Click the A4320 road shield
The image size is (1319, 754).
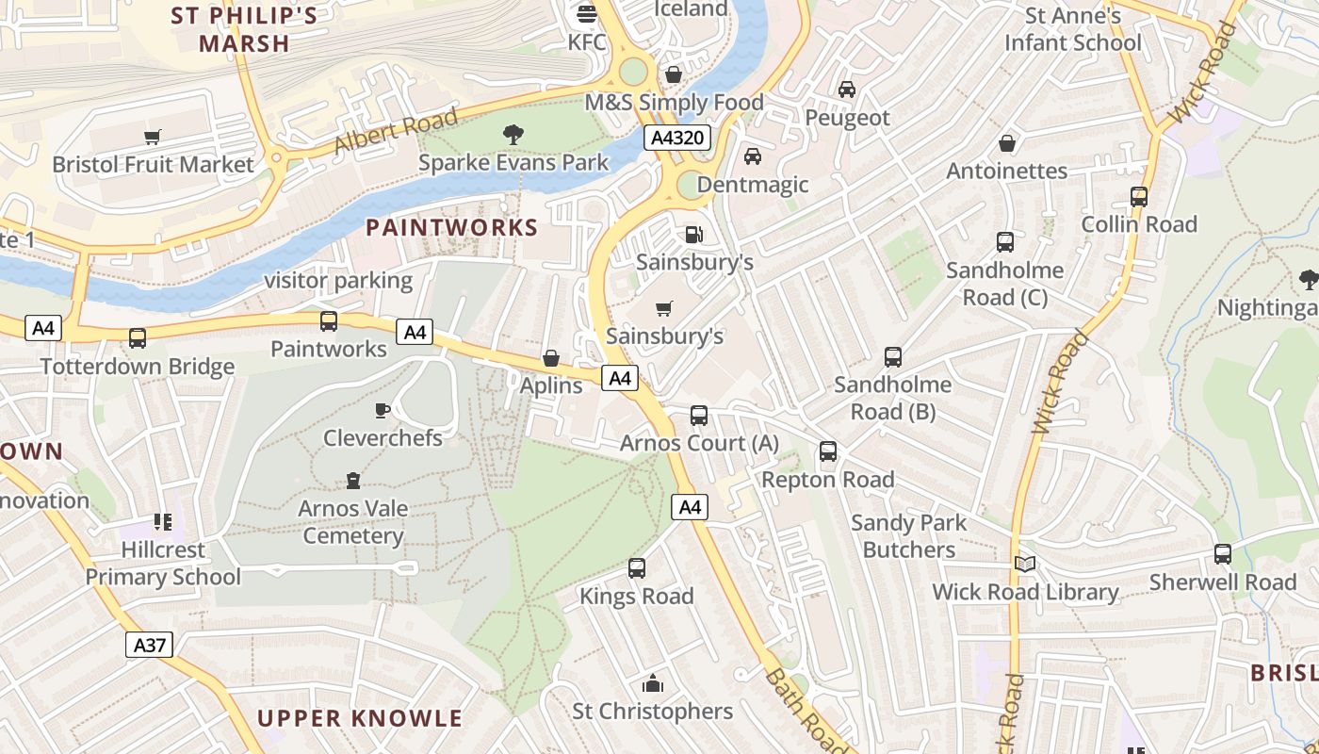pyautogui.click(x=677, y=139)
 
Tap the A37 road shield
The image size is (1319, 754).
pyautogui.click(x=149, y=645)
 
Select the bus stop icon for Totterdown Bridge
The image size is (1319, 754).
pyautogui.click(x=138, y=338)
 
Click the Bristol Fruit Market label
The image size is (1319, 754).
pyautogui.click(x=153, y=164)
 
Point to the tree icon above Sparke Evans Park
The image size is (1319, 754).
pyautogui.click(x=513, y=135)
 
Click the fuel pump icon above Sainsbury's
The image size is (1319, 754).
pyautogui.click(x=694, y=234)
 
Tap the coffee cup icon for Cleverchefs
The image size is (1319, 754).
pyautogui.click(x=382, y=410)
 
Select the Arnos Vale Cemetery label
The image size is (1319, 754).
pyautogui.click(x=353, y=522)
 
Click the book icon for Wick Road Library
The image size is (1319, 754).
pyautogui.click(x=1025, y=564)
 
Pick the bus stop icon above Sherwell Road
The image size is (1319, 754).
pyautogui.click(x=1223, y=554)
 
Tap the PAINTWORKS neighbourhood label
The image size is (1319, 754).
pyautogui.click(x=452, y=227)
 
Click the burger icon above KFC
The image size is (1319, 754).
pyautogui.click(x=587, y=14)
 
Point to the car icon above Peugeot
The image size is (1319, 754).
pyautogui.click(x=847, y=90)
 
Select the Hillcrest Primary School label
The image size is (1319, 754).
pyautogui.click(x=163, y=563)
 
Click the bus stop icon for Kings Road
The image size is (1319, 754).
pyautogui.click(x=637, y=568)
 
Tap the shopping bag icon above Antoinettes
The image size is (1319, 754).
pyautogui.click(x=1007, y=143)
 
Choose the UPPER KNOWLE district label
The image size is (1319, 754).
pyautogui.click(x=360, y=718)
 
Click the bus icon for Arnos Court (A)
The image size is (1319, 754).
pyautogui.click(x=699, y=416)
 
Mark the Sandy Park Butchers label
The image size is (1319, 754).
pyautogui.click(x=909, y=536)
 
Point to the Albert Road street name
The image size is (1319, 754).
pyautogui.click(x=396, y=132)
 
